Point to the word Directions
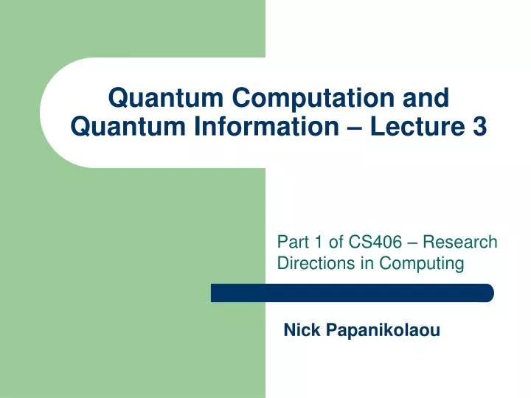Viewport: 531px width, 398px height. (x=311, y=263)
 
